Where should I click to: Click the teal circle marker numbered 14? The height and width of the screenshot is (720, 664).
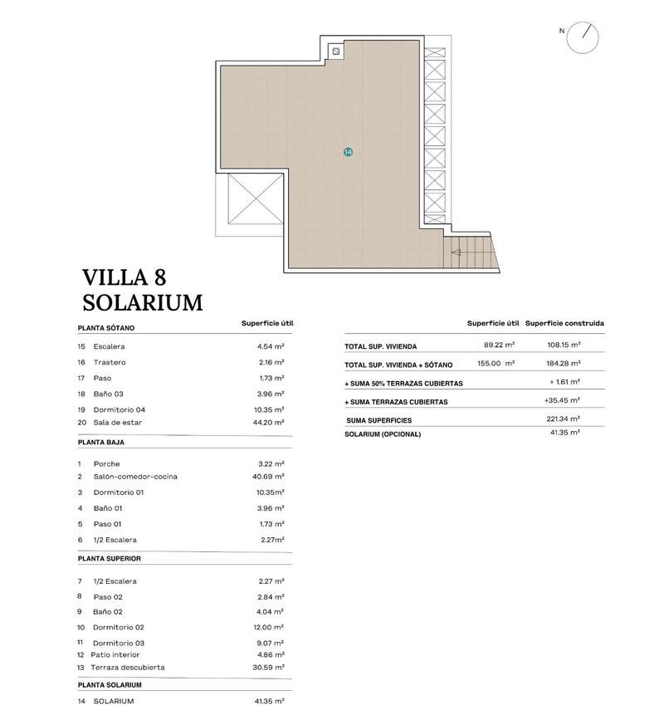pos(348,152)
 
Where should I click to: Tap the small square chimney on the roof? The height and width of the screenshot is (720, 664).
pos(335,51)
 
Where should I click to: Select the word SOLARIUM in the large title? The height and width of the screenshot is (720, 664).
pos(143,303)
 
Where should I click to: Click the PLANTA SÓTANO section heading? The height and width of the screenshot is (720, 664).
pos(106,328)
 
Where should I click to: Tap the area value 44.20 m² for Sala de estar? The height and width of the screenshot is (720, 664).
pos(271,423)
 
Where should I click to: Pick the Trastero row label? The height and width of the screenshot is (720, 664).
pos(110,362)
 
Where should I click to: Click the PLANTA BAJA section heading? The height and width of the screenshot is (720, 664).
pos(101,443)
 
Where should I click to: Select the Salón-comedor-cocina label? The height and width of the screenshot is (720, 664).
pos(135,477)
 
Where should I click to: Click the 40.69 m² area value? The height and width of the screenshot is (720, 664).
pos(271,477)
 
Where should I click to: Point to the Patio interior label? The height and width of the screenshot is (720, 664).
pos(121,654)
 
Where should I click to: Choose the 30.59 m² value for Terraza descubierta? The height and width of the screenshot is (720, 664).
pos(271,667)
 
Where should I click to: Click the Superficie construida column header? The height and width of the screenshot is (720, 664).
pos(564,323)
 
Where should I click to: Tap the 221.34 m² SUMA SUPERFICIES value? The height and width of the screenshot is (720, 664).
pos(564,419)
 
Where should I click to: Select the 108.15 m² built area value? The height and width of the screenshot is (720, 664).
pos(564,345)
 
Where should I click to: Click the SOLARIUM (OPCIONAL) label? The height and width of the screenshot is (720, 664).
pos(383,434)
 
